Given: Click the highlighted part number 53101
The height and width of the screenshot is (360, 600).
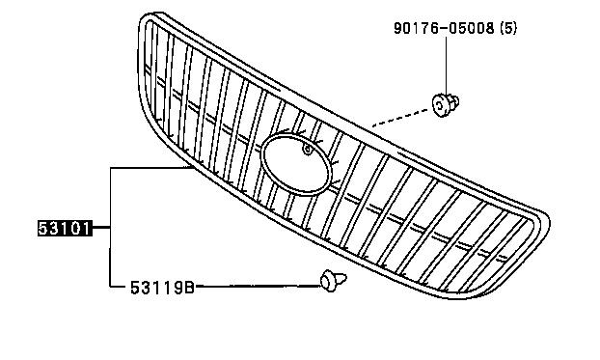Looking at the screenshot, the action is (x=65, y=228).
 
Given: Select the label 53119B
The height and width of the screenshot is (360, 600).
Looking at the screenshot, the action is (x=163, y=288).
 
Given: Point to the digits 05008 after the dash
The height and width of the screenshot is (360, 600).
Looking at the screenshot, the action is (x=471, y=28).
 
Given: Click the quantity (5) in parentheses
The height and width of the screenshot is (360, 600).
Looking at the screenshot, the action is (x=508, y=28).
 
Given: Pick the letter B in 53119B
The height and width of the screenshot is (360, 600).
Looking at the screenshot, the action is (x=189, y=288).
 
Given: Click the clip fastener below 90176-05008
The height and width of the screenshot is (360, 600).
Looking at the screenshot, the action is (x=445, y=104).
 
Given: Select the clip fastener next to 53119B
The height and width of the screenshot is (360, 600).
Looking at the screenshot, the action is (x=333, y=281).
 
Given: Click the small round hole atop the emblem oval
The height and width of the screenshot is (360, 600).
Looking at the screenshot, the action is (x=308, y=150).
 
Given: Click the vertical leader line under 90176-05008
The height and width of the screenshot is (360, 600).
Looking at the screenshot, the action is (x=446, y=64).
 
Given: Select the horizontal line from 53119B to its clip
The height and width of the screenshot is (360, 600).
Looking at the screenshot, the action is (x=258, y=286).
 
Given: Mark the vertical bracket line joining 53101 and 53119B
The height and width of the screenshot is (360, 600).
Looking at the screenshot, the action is (x=111, y=227).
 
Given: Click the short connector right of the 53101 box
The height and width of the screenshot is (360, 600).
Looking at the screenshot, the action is (x=101, y=228).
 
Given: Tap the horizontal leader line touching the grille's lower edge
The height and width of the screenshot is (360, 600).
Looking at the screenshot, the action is (x=150, y=168).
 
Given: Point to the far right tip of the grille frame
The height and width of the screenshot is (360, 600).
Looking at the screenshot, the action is (x=549, y=221).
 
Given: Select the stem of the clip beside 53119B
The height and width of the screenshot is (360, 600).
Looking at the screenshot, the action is (x=341, y=278).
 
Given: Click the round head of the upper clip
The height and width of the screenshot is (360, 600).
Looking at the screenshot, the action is (x=441, y=105).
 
